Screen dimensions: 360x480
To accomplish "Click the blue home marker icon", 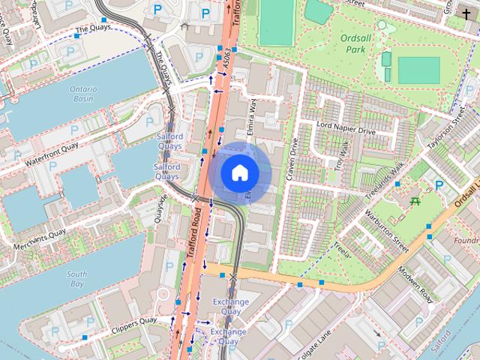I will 239,172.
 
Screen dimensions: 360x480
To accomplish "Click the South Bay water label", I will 76,279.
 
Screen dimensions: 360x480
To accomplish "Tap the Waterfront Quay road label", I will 51,152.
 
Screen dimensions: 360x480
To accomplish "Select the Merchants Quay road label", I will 38,238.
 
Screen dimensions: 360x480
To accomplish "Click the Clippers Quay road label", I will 132,325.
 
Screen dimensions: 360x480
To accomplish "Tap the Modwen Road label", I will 416,284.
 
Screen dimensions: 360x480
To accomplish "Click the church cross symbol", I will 466,13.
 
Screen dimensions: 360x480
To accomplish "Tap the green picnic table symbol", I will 415,200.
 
